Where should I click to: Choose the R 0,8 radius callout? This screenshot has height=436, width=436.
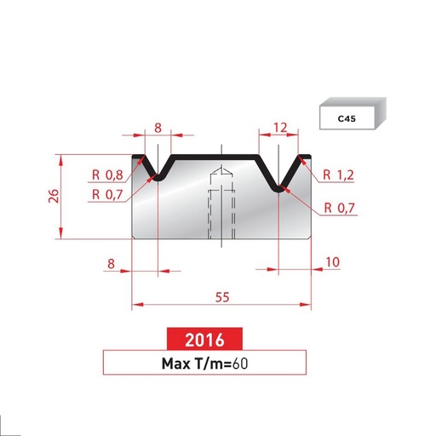pyautogui.click(x=106, y=176)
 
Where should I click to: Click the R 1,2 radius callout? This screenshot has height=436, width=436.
pyautogui.click(x=338, y=176)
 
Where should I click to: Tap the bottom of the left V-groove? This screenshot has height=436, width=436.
pyautogui.click(x=158, y=178)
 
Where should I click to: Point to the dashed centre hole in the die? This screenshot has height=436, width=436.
pyautogui.click(x=221, y=209)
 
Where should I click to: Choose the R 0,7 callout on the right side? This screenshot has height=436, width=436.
pyautogui.click(x=340, y=208)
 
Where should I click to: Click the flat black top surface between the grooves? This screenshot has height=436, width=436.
pyautogui.click(x=217, y=157)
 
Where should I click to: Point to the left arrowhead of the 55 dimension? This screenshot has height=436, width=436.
pyautogui.click(x=135, y=304)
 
